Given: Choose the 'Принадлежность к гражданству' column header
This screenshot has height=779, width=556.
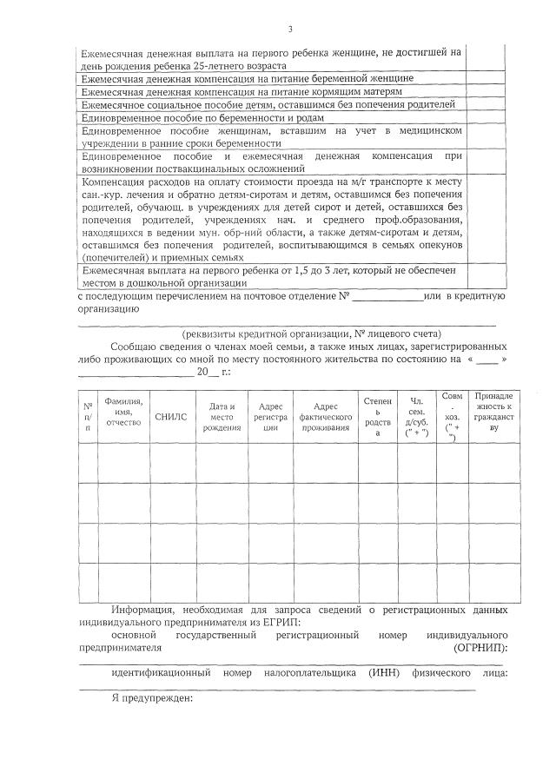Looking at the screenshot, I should click(x=493, y=411).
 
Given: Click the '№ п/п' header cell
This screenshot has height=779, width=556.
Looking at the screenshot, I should click(x=88, y=416).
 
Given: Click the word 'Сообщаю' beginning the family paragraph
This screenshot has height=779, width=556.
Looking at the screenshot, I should click(x=132, y=346).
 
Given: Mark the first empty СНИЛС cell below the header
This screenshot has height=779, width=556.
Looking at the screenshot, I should click(x=172, y=461).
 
